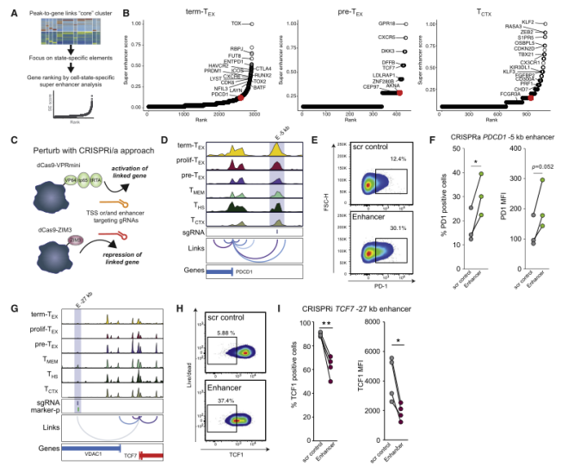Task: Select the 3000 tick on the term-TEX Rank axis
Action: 254,115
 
